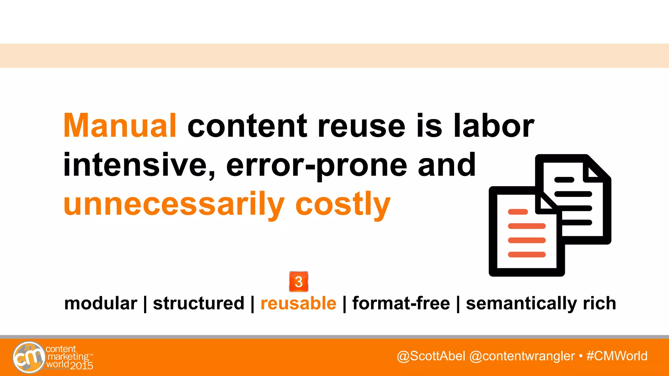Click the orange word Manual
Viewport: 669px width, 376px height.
[x=120, y=126]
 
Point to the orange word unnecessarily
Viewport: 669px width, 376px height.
[x=174, y=204]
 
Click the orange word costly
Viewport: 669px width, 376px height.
[x=343, y=204]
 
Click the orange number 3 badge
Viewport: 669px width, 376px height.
[x=299, y=281]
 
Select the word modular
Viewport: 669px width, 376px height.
[x=101, y=303]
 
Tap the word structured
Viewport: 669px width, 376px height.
[x=199, y=303]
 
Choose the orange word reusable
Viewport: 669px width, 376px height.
[x=298, y=303]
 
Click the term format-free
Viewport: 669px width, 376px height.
[x=401, y=303]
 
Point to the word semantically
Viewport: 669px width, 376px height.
[x=521, y=303]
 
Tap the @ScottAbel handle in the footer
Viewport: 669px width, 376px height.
[x=431, y=356]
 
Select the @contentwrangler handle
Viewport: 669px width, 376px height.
[x=522, y=356]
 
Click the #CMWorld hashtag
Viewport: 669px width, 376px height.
[x=617, y=356]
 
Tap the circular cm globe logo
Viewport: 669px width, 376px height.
[x=29, y=357]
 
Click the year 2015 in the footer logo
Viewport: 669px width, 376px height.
[x=82, y=366]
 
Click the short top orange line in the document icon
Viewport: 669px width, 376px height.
[x=518, y=212]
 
